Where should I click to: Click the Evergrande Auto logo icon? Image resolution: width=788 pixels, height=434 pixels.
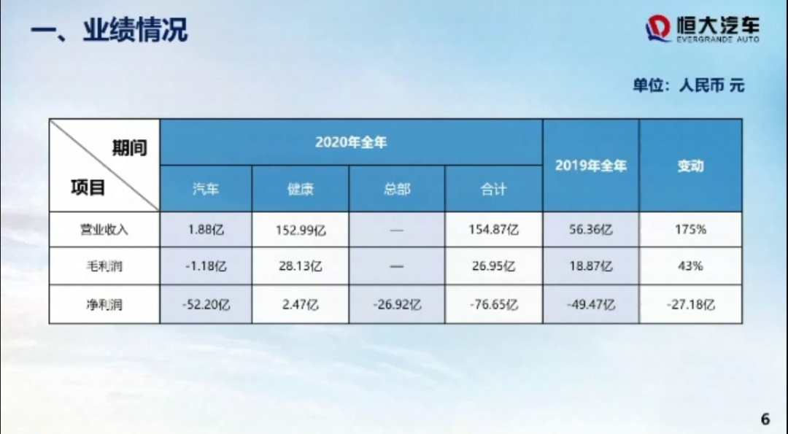pyautogui.click(x=658, y=28)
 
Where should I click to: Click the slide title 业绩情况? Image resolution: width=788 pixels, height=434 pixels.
pyautogui.click(x=135, y=30)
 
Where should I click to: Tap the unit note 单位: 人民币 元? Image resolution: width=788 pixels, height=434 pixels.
pyautogui.click(x=689, y=85)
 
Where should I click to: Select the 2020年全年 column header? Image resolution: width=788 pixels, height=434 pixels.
pyautogui.click(x=351, y=143)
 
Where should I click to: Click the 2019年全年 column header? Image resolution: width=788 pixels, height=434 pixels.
pyautogui.click(x=591, y=166)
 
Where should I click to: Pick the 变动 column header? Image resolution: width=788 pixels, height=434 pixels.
pyautogui.click(x=690, y=166)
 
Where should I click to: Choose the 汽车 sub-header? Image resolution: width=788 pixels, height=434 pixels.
pyautogui.click(x=206, y=189)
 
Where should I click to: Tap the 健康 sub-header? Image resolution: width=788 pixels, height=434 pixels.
pyautogui.click(x=301, y=189)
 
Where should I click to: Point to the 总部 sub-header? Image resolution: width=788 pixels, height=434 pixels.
pyautogui.click(x=397, y=189)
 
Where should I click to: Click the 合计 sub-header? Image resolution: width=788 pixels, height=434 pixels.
pyautogui.click(x=493, y=189)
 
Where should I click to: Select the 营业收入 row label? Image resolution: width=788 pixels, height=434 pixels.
pyautogui.click(x=104, y=230)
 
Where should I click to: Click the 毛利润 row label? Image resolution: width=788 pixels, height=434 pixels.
pyautogui.click(x=104, y=266)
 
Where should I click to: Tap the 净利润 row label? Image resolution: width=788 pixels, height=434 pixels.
pyautogui.click(x=104, y=304)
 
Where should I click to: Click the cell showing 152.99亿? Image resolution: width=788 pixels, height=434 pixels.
pyautogui.click(x=301, y=230)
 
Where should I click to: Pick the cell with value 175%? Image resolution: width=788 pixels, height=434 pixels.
pyautogui.click(x=690, y=230)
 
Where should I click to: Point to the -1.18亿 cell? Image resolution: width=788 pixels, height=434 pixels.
pyautogui.click(x=206, y=266)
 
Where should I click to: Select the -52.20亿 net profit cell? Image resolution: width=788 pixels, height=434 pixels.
pyautogui.click(x=206, y=304)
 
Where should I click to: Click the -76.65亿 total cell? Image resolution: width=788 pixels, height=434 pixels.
pyautogui.click(x=493, y=304)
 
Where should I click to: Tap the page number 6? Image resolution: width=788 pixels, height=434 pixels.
pyautogui.click(x=765, y=419)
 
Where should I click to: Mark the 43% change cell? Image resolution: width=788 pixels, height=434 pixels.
pyautogui.click(x=690, y=266)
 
